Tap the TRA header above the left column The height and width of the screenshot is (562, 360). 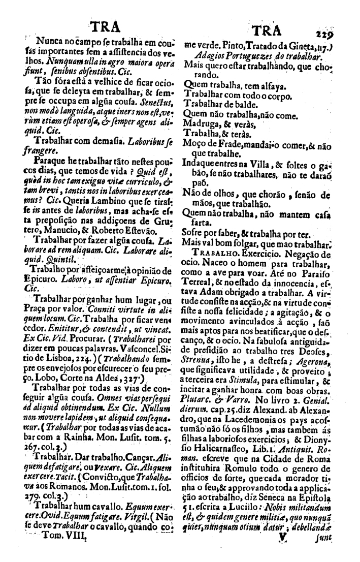(104, 26)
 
